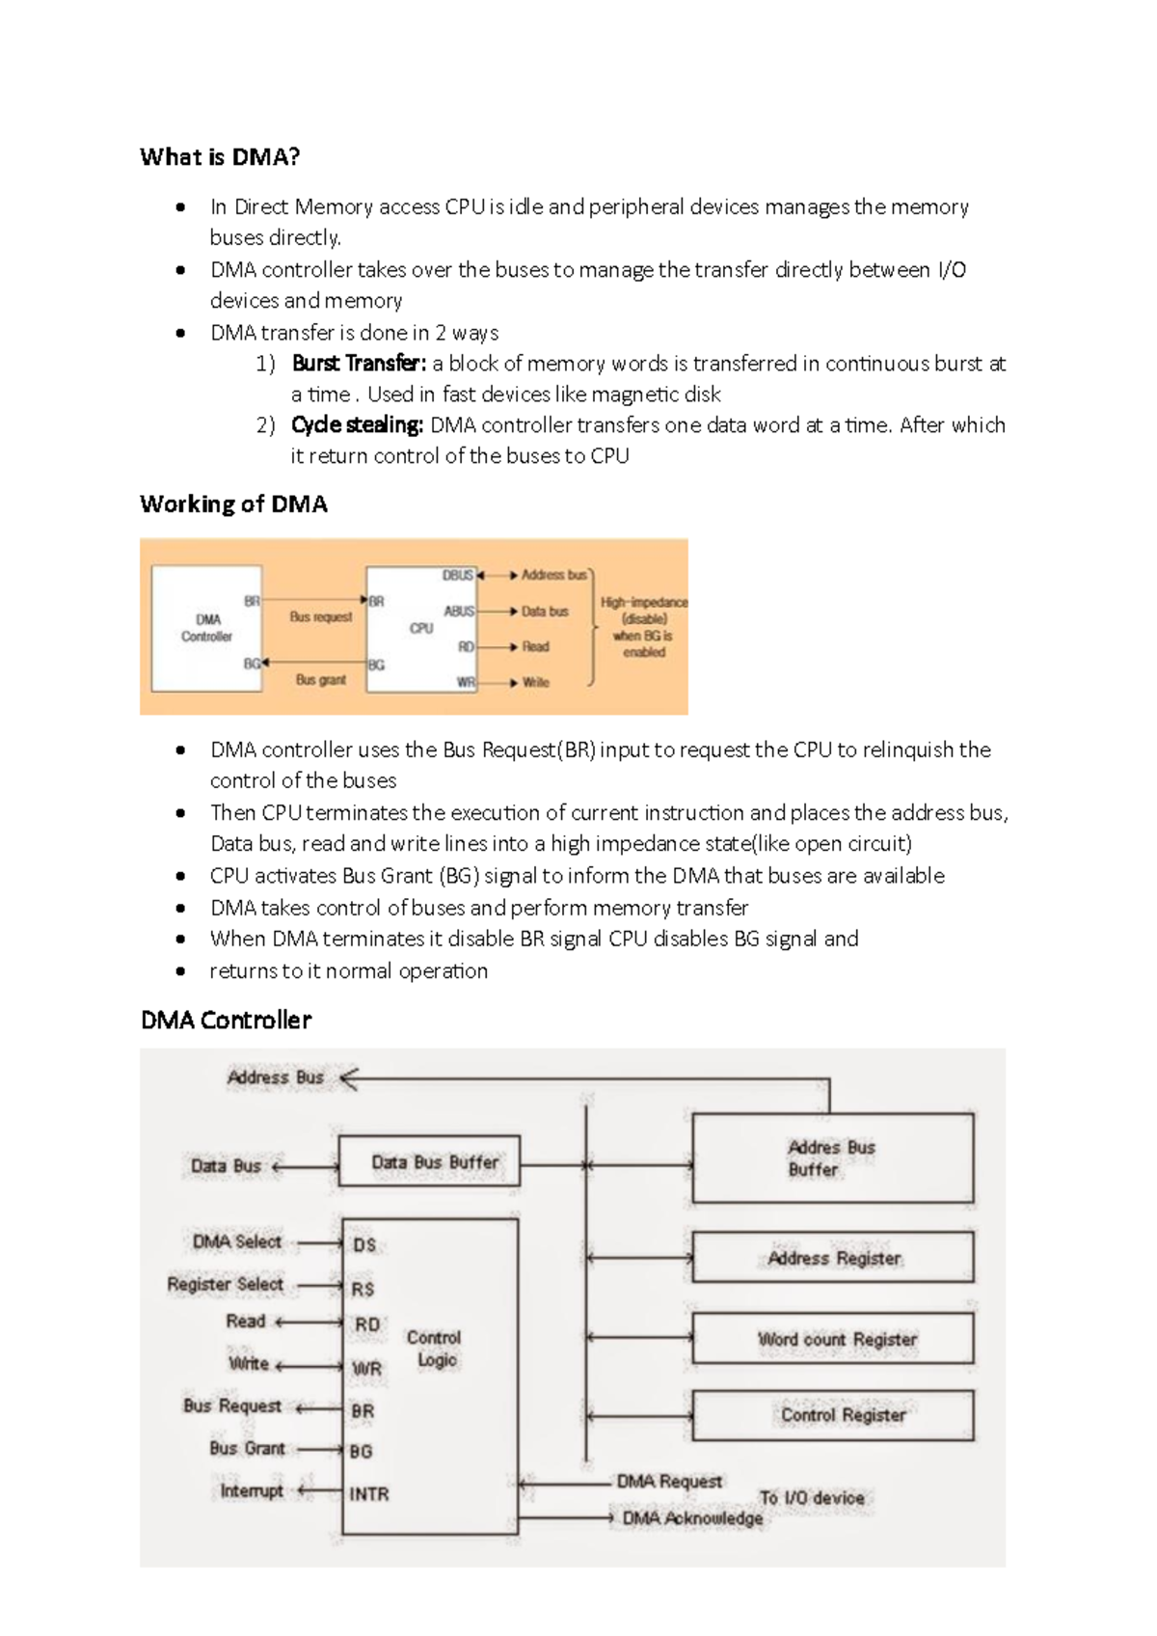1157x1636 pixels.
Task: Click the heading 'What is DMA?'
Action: (x=220, y=157)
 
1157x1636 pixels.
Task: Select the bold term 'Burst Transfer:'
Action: (x=358, y=364)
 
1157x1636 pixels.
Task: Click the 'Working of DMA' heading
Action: (x=233, y=504)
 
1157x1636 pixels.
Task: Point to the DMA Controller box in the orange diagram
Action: (x=206, y=628)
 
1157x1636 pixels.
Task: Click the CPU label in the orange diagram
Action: (x=421, y=628)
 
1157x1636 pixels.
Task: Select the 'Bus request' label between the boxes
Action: (x=320, y=616)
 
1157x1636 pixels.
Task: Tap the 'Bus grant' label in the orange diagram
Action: (x=320, y=680)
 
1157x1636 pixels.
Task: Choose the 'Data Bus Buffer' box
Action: (x=430, y=1162)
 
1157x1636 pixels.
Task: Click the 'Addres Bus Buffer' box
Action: (x=832, y=1159)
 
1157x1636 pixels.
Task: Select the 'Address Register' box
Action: (x=833, y=1259)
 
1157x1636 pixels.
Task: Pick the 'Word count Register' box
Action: (x=833, y=1340)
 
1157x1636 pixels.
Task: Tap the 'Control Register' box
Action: (x=833, y=1415)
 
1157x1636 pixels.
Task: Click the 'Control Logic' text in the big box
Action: (x=434, y=1349)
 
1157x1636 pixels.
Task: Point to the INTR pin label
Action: (x=369, y=1494)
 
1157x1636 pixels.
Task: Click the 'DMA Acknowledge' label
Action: (x=692, y=1519)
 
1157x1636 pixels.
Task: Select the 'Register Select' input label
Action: (x=225, y=1285)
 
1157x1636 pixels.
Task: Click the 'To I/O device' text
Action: (x=811, y=1498)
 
